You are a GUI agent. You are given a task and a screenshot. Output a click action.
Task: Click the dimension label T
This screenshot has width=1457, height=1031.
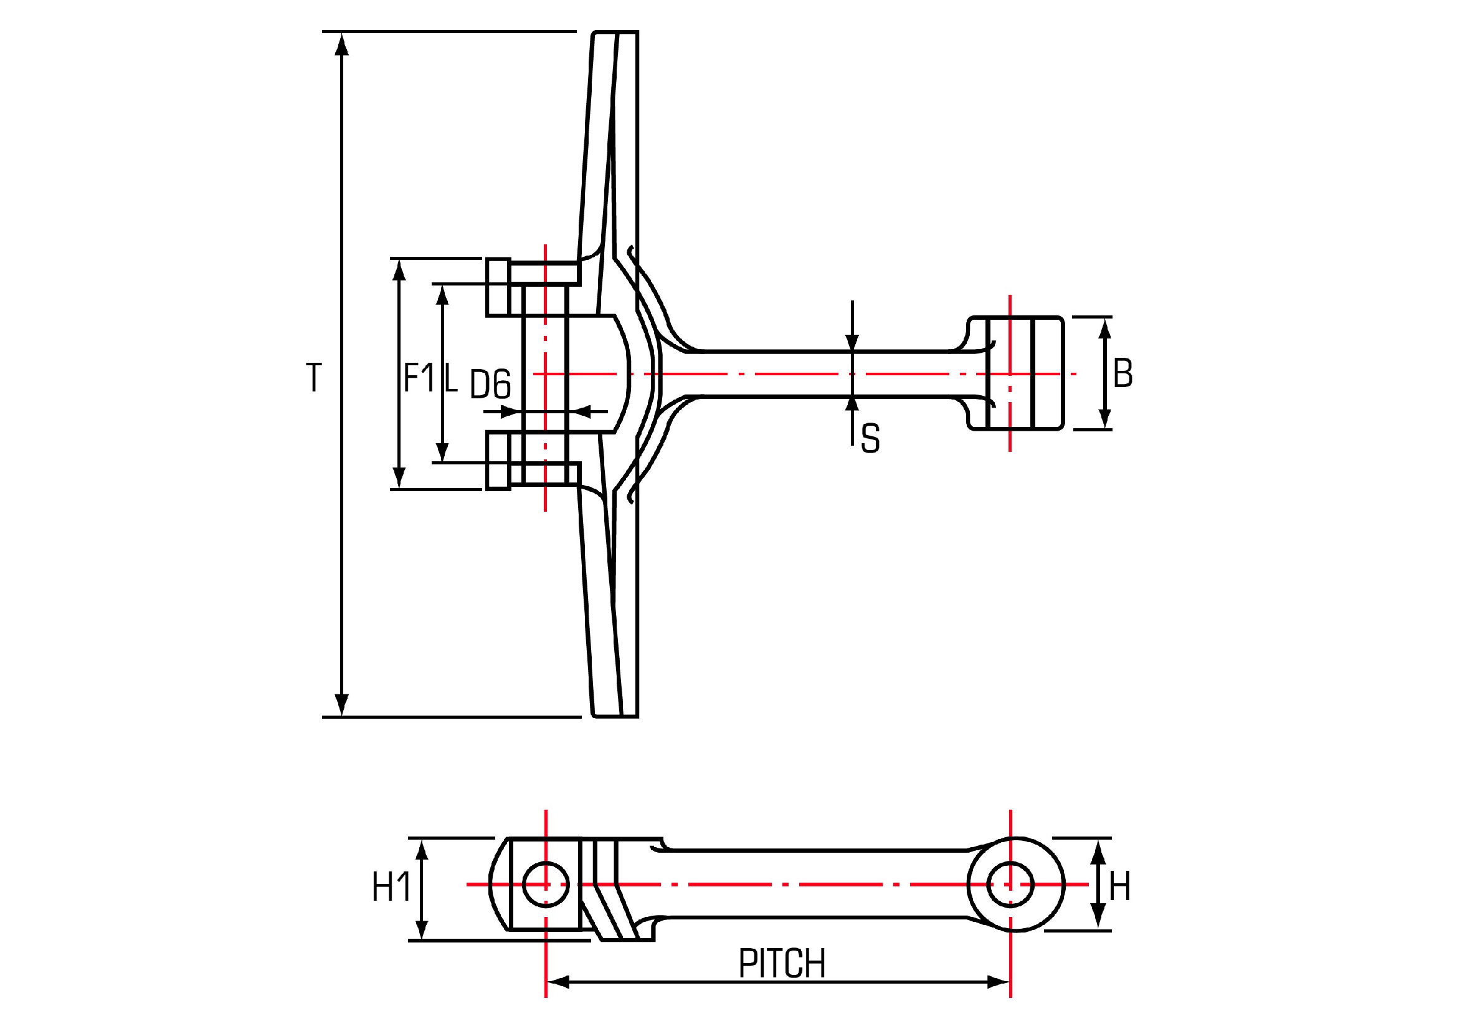click(313, 378)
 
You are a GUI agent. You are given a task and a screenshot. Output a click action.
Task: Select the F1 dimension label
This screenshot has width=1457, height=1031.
click(418, 378)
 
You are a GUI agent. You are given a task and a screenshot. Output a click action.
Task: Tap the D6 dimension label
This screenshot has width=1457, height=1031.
click(490, 384)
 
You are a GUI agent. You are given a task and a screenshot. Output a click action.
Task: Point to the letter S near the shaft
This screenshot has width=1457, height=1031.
click(870, 438)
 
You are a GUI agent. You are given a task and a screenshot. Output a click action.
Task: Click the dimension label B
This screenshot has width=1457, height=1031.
click(1122, 373)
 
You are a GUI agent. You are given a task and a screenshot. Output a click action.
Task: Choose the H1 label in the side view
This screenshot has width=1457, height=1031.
click(391, 887)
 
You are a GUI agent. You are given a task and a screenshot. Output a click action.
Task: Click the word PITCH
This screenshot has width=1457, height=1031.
click(782, 964)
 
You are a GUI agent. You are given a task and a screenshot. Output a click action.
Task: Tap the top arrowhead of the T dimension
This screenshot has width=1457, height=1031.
click(341, 44)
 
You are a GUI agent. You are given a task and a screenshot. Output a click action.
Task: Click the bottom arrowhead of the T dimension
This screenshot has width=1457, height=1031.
click(341, 705)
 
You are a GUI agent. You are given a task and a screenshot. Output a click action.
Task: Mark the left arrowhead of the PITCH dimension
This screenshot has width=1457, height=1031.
click(558, 983)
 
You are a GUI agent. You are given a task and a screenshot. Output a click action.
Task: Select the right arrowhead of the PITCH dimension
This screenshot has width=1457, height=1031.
click(998, 983)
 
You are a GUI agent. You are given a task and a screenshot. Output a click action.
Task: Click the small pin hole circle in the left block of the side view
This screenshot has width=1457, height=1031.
click(546, 885)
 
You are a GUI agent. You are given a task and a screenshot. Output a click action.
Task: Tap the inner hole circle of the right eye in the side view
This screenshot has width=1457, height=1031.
click(1011, 885)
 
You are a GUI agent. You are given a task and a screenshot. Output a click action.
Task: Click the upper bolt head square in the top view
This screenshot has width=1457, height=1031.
click(499, 287)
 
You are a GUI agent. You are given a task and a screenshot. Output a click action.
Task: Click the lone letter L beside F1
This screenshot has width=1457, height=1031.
click(450, 378)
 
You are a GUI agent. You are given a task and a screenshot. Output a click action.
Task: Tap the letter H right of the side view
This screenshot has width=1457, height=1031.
click(1119, 887)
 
